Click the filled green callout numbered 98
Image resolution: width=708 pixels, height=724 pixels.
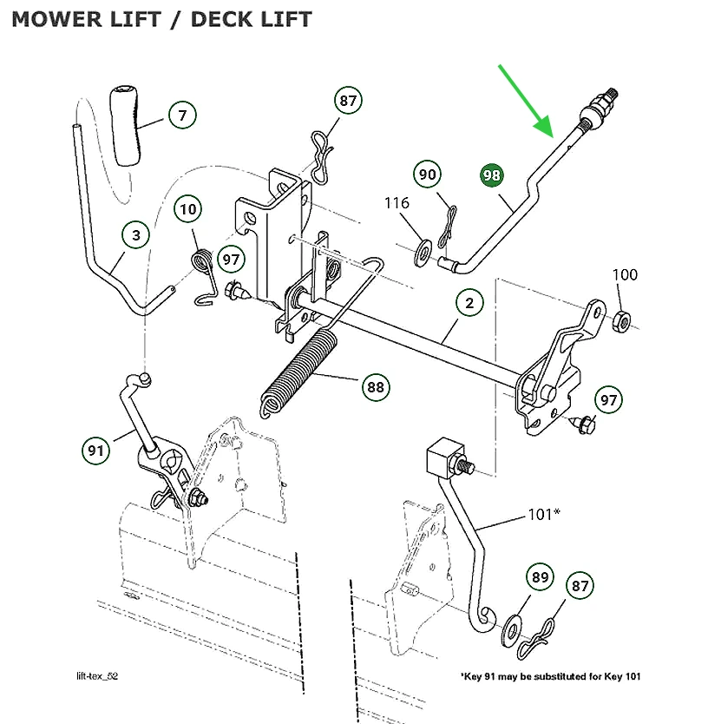point(492,174)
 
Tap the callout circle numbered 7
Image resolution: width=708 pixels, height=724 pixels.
point(182,115)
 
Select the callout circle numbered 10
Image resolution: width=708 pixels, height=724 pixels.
point(189,208)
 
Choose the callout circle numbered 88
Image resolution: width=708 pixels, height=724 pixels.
point(376,387)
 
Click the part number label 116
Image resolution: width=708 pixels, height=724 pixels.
point(397,203)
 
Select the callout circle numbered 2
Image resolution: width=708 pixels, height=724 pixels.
point(469,303)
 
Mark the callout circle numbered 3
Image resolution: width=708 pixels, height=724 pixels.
point(135,234)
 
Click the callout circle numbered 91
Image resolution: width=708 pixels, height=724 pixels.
point(96,451)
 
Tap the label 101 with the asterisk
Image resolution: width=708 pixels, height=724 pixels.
point(542,514)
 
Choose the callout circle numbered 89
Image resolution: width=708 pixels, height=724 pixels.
point(541,577)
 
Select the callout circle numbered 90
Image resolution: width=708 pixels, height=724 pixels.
point(428,174)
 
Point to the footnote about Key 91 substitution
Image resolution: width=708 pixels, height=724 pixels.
point(550,676)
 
